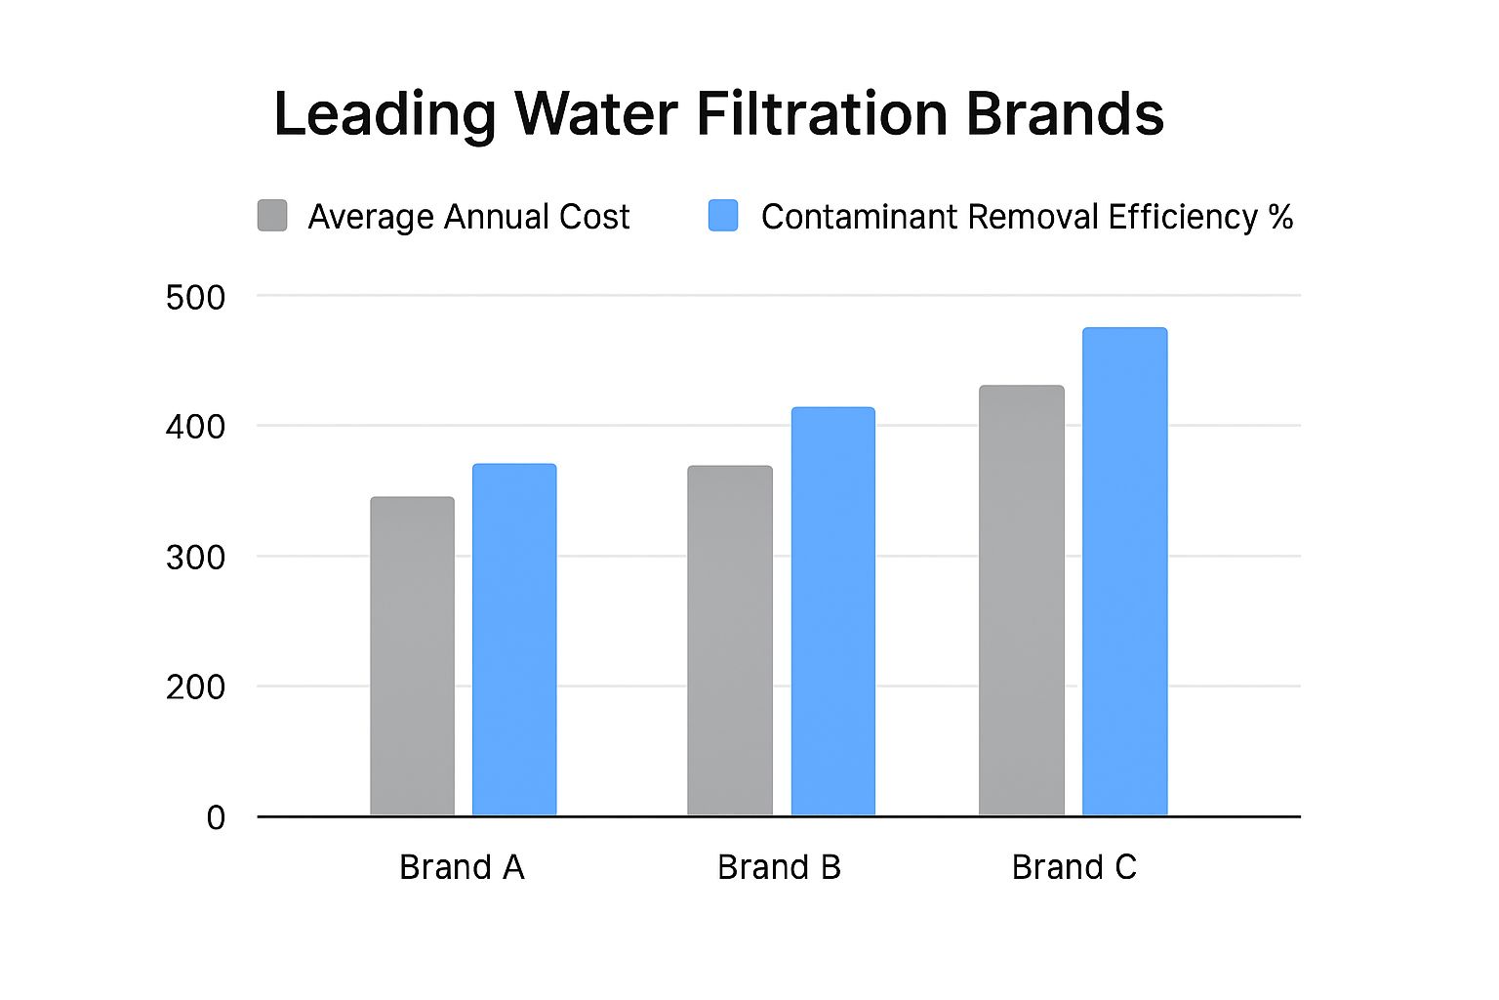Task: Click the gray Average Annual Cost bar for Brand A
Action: click(412, 656)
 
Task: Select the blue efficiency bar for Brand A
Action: click(514, 640)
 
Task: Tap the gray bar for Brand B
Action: click(729, 641)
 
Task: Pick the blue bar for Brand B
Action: click(832, 611)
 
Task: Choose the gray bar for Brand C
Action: click(1021, 601)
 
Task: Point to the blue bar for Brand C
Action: click(1124, 571)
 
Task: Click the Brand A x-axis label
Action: click(462, 867)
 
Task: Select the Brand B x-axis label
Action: click(779, 867)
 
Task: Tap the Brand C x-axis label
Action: click(1074, 867)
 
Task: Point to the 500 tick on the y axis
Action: click(195, 297)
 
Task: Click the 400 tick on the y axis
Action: click(195, 427)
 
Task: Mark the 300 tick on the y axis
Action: click(195, 558)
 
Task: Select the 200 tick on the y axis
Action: click(195, 687)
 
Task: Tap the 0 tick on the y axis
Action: click(216, 817)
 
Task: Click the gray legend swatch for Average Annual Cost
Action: click(272, 216)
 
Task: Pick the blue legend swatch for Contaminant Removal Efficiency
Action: click(723, 216)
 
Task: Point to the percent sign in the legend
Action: click(1280, 216)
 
